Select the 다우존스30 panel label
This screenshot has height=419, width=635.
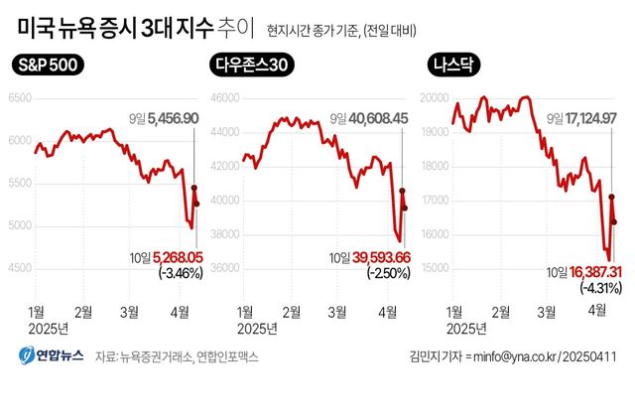tap(257, 67)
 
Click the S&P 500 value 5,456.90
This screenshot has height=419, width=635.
tap(173, 118)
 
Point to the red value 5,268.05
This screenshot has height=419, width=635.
tap(175, 256)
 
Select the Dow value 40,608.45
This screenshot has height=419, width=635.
tap(374, 118)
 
